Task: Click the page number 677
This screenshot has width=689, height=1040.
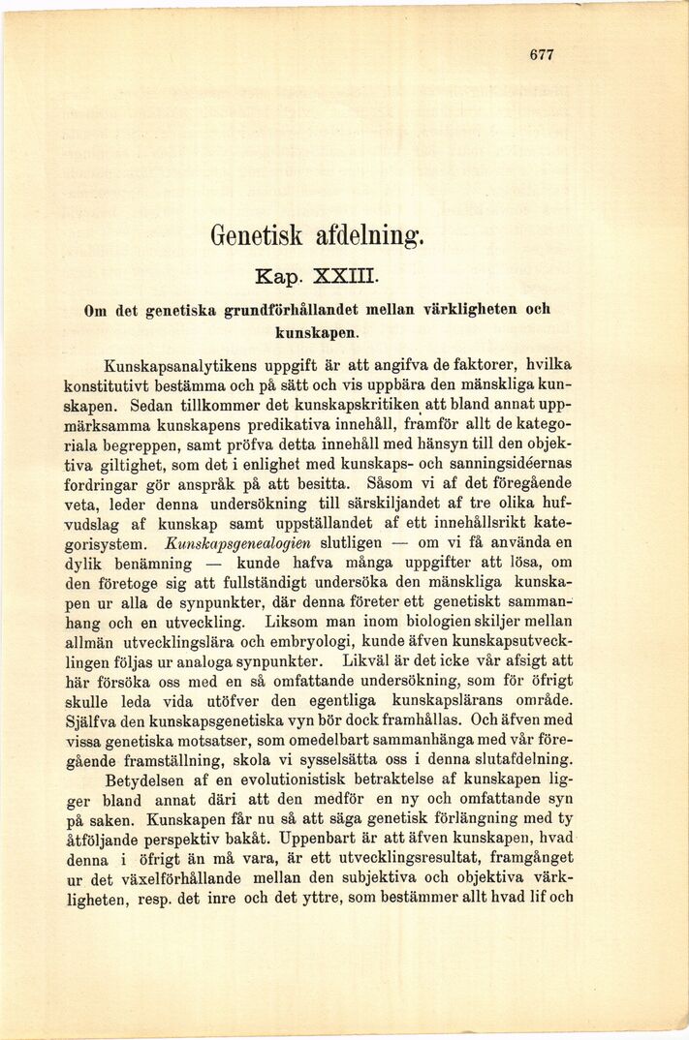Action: [542, 55]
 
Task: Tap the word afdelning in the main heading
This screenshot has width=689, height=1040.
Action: [369, 235]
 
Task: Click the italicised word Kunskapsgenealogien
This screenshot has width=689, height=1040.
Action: [230, 542]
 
